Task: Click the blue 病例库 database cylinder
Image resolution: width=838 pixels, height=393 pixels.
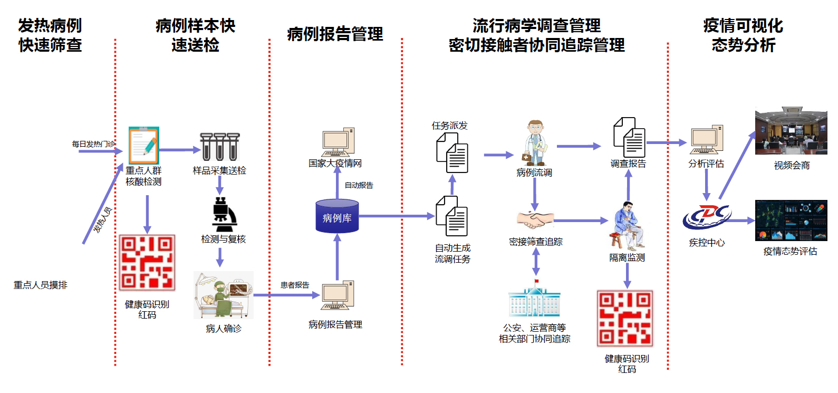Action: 337,216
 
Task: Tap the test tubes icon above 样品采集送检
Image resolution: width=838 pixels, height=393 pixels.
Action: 220,147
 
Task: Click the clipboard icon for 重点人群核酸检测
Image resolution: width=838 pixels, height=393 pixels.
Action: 143,146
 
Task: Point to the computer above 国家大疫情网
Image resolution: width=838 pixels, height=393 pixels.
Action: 338,142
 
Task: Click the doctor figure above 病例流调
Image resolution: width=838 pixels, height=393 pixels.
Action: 535,143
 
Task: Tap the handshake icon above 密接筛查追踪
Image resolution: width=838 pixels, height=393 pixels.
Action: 535,219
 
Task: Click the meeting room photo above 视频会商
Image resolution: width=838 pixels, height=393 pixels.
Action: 791,131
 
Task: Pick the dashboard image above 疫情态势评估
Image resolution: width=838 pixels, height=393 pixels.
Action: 791,221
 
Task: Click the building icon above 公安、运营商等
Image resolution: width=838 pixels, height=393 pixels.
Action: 534,302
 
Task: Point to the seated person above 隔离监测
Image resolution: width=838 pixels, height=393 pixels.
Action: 628,225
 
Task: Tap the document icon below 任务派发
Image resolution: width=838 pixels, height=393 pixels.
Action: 452,152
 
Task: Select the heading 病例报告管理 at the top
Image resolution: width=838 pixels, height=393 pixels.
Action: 335,34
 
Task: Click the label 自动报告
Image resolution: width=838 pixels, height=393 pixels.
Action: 359,185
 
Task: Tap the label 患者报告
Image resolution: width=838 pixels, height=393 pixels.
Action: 295,285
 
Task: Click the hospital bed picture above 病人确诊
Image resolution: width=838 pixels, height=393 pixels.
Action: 224,295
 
